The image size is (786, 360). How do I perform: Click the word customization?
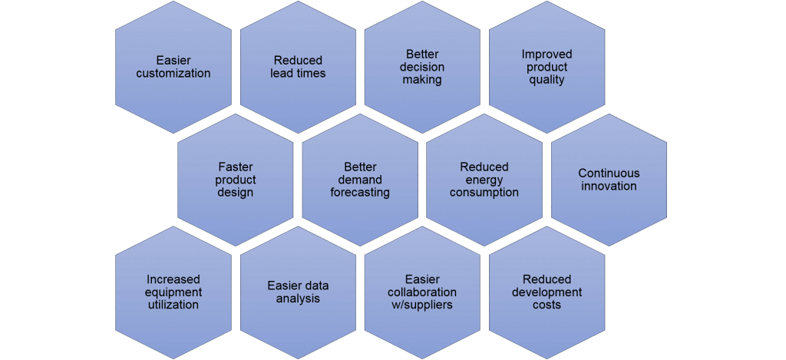point(173,73)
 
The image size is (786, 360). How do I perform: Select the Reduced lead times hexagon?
point(299,68)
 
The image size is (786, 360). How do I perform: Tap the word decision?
point(423,68)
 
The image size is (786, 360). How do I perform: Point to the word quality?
point(547,80)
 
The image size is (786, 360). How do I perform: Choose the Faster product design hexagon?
point(236,180)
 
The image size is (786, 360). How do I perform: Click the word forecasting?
point(360,193)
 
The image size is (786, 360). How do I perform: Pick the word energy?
point(484,180)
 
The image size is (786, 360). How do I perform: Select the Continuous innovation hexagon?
point(609,180)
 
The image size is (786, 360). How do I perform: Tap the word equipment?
point(173,292)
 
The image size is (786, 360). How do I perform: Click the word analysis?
point(299,299)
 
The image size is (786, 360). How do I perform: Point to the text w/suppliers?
point(423,305)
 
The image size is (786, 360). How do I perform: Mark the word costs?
point(547,305)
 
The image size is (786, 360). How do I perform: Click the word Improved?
point(547,54)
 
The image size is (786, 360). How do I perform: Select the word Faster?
point(236,167)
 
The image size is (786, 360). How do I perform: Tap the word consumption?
point(484,193)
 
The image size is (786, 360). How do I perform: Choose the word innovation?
point(609,186)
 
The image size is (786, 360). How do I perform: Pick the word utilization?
point(173,305)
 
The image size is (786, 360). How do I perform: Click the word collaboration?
point(423,292)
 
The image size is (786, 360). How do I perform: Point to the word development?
point(547,292)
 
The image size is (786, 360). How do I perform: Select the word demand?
point(360,180)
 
